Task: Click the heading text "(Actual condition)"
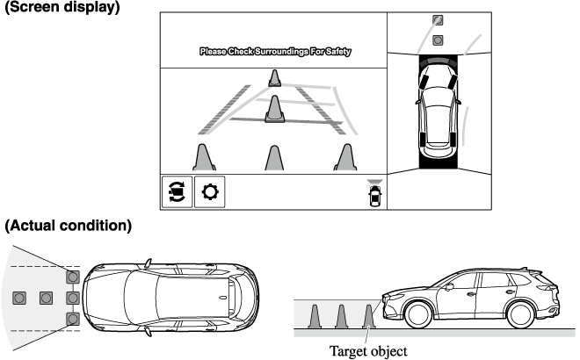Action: point(69,227)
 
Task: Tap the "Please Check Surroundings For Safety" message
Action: point(275,53)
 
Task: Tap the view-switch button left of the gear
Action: point(176,191)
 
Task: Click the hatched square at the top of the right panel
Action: point(439,19)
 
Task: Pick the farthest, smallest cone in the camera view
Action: point(275,78)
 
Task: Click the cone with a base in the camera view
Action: point(275,110)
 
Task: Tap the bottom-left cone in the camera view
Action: point(204,157)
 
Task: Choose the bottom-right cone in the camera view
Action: point(343,157)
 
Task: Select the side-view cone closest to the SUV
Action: point(369,316)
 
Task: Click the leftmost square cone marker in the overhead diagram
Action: point(19,299)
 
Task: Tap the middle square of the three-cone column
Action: point(73,299)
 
